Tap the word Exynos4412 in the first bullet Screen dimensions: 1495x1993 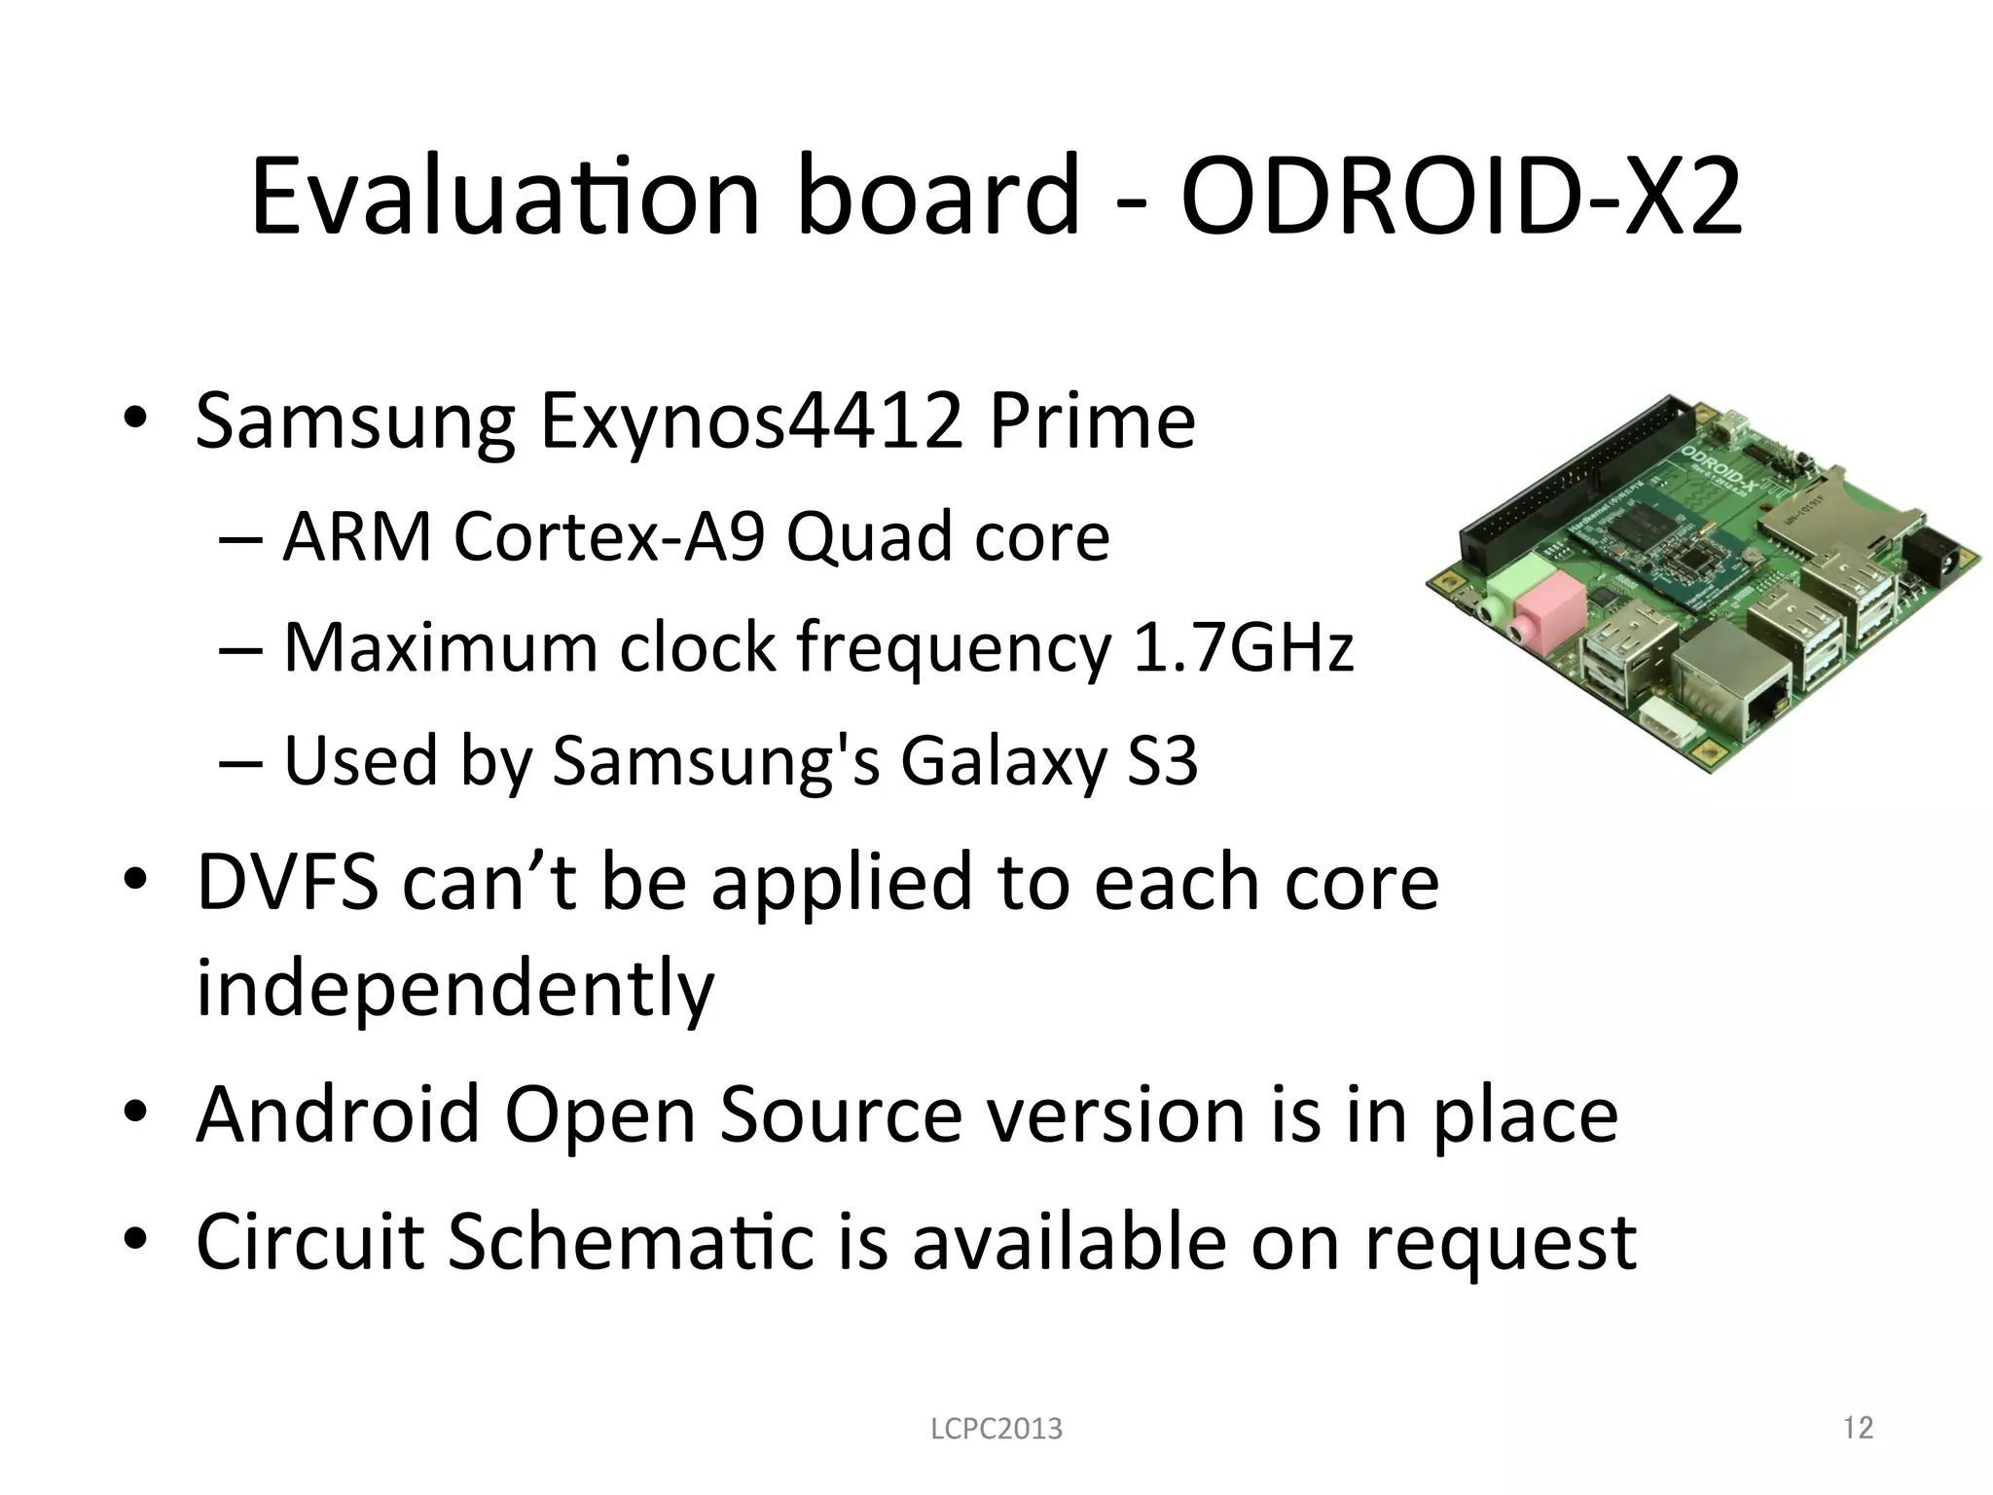pyautogui.click(x=751, y=420)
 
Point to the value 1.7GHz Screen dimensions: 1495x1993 pyautogui.click(x=1244, y=647)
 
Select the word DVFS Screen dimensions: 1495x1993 pyautogui.click(x=287, y=882)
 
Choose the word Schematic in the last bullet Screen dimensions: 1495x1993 pyautogui.click(x=631, y=1241)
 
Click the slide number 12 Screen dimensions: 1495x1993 pyautogui.click(x=1858, y=1428)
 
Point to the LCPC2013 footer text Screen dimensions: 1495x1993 pyautogui.click(x=996, y=1429)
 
